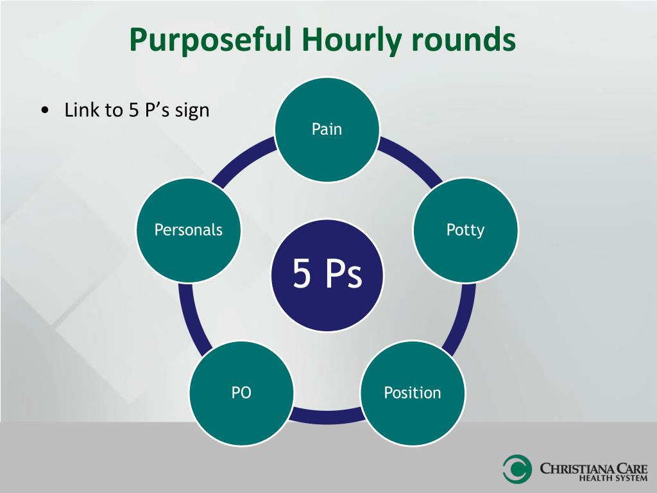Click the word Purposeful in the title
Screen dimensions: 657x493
click(210, 40)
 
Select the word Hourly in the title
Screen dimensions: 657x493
click(352, 40)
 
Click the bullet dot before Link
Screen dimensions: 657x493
click(45, 110)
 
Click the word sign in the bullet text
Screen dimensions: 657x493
click(192, 111)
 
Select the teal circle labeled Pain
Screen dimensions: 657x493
click(327, 130)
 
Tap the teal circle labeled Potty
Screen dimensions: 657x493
click(466, 230)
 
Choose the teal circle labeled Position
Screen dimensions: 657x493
click(413, 393)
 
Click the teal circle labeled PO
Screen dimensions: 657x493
click(241, 393)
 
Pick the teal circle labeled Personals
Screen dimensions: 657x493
click(189, 230)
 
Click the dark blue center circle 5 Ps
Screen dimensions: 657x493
click(327, 275)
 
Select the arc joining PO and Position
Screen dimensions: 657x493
click(327, 415)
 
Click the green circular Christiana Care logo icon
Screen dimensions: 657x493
click(518, 469)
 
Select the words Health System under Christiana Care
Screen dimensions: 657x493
click(613, 478)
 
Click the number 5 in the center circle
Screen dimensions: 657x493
click(302, 273)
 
